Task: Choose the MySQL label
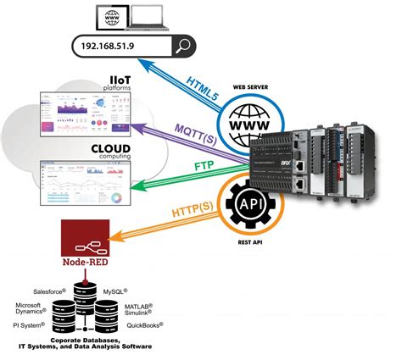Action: tap(115, 291)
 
